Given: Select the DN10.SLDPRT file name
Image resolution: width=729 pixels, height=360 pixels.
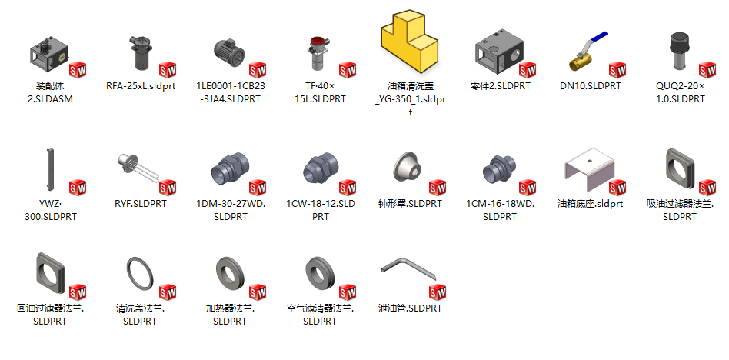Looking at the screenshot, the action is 590,86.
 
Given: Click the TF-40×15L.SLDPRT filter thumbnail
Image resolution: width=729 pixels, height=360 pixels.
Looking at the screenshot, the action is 318,54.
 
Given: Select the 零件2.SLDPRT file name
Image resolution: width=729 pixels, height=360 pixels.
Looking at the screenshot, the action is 500,86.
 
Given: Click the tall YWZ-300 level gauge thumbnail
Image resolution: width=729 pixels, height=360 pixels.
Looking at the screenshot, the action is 48,171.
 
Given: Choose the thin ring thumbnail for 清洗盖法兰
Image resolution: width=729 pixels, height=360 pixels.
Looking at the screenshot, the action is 138,273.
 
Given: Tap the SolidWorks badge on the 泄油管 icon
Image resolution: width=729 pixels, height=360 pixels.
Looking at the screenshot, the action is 438,292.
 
